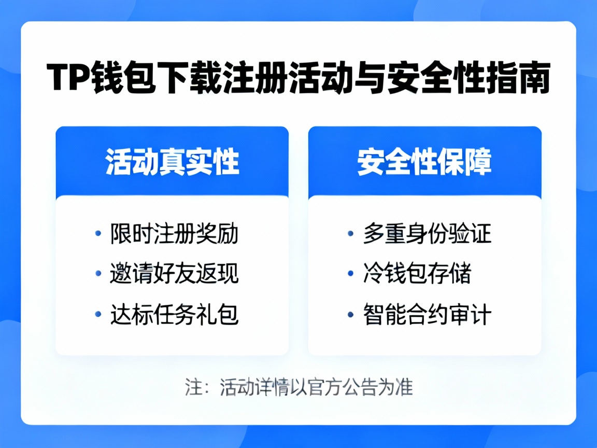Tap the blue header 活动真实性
pyautogui.click(x=172, y=162)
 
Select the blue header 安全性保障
pyautogui.click(x=424, y=162)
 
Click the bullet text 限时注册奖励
pyautogui.click(x=174, y=234)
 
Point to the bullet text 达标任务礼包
pyautogui.click(x=174, y=314)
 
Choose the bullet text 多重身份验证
pyautogui.click(x=427, y=234)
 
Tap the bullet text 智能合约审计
pyautogui.click(x=427, y=314)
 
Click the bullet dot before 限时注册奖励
pyautogui.click(x=98, y=234)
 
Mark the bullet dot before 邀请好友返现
pyautogui.click(x=98, y=273)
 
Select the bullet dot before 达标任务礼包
pyautogui.click(x=98, y=314)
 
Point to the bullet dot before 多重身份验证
pyautogui.click(x=351, y=234)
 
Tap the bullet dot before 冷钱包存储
pyautogui.click(x=351, y=273)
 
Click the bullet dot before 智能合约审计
pyautogui.click(x=351, y=314)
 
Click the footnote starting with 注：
pyautogui.click(x=298, y=387)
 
